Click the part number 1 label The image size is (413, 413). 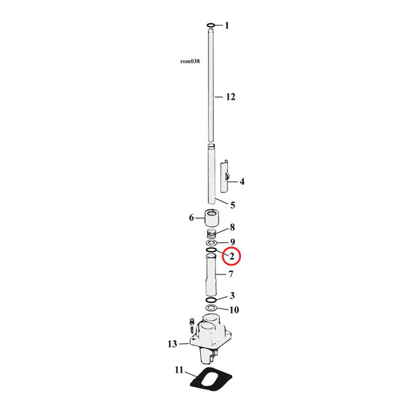pos(227,26)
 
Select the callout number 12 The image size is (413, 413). pos(231,97)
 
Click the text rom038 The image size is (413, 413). pos(190,62)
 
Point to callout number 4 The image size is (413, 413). pos(242,182)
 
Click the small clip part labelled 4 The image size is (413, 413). pos(224,177)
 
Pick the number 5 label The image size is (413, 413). pos(233,205)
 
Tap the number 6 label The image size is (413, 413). pos(191,218)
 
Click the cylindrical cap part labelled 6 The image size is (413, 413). pos(212,217)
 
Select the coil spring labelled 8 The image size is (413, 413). pos(211,233)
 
